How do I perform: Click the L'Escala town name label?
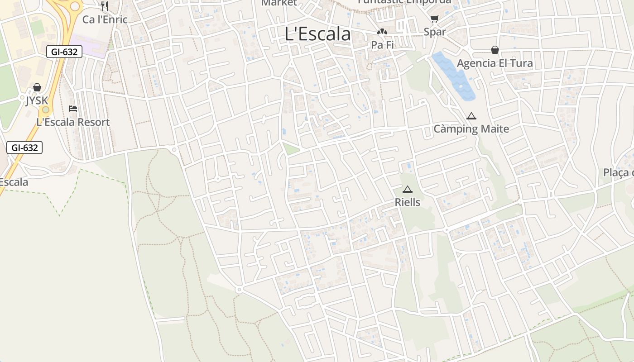[317, 34]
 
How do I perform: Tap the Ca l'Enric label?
[105, 19]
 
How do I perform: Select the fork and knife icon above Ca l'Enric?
[105, 6]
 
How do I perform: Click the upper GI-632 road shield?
[64, 52]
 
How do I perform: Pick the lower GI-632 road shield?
[24, 148]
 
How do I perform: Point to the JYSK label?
[37, 100]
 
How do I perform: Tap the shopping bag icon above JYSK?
[37, 87]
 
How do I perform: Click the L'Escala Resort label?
[73, 122]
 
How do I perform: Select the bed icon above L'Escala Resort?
[73, 109]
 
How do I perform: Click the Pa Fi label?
[382, 45]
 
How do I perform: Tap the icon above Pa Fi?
[382, 32]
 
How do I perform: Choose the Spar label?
[435, 32]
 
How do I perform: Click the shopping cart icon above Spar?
[435, 19]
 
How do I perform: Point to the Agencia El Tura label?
[495, 63]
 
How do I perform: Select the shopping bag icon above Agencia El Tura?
[495, 50]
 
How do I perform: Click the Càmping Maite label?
[471, 129]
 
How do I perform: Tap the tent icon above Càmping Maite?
[471, 116]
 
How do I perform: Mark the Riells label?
[408, 202]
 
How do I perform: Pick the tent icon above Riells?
[408, 190]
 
